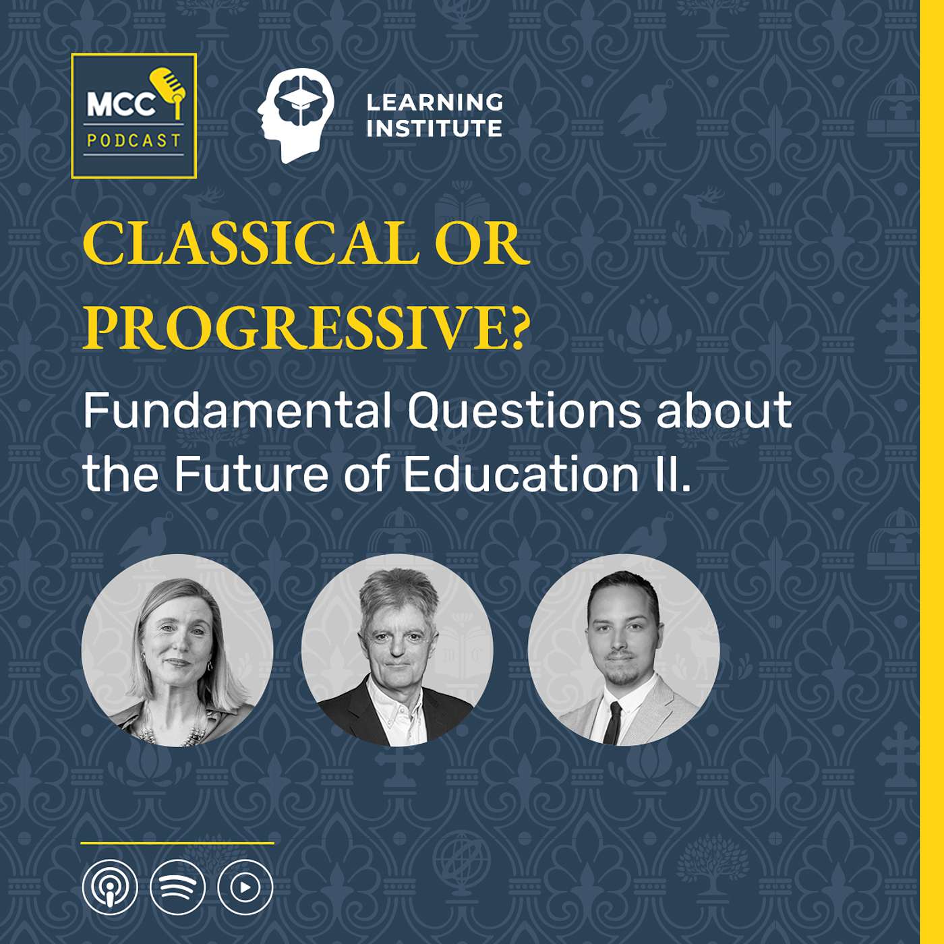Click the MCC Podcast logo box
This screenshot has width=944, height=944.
point(134,116)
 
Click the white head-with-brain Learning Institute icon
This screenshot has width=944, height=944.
point(295,115)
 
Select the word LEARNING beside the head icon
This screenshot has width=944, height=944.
point(435,102)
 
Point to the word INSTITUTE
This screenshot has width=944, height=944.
point(435,128)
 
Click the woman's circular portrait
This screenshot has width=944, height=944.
point(177,650)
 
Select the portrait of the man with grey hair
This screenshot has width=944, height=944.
point(397,650)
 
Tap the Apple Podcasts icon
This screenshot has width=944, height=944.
point(110,887)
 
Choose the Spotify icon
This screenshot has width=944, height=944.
point(177,887)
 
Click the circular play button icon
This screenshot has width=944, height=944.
point(245,887)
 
